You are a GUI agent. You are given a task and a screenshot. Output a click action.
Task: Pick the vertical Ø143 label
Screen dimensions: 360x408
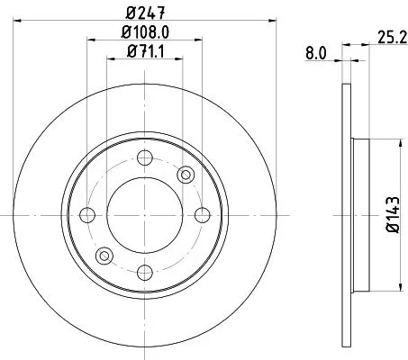point(394,215)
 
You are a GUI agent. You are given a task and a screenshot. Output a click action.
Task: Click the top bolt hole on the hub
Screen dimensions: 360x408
point(144,160)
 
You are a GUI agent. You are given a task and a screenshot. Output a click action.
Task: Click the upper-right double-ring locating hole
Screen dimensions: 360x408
point(186,175)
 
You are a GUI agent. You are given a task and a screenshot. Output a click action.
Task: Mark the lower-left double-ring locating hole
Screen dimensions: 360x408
point(104,256)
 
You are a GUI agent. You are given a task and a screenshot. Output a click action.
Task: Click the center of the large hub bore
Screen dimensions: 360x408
point(144,214)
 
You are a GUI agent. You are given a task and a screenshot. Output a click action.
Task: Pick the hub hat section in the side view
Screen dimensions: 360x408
point(357,215)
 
